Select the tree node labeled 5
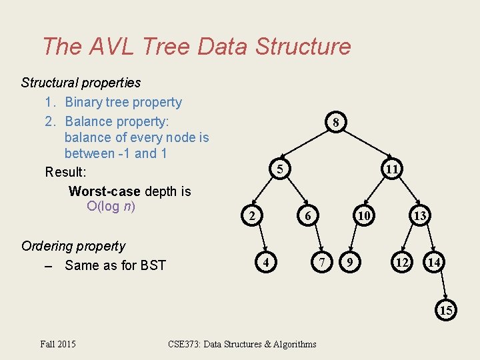[x=281, y=170]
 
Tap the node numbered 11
[x=392, y=170]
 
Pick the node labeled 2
[x=251, y=216]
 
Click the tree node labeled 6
[x=307, y=216]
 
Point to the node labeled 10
[x=363, y=216]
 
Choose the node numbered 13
[x=419, y=216]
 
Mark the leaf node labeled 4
[x=267, y=263]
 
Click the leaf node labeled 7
[x=323, y=263]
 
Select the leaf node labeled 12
[x=401, y=263]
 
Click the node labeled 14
[x=434, y=263]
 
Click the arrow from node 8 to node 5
[x=309, y=146]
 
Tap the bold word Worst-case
[x=104, y=191]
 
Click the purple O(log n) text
[x=111, y=206]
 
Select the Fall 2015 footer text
[x=58, y=344]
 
